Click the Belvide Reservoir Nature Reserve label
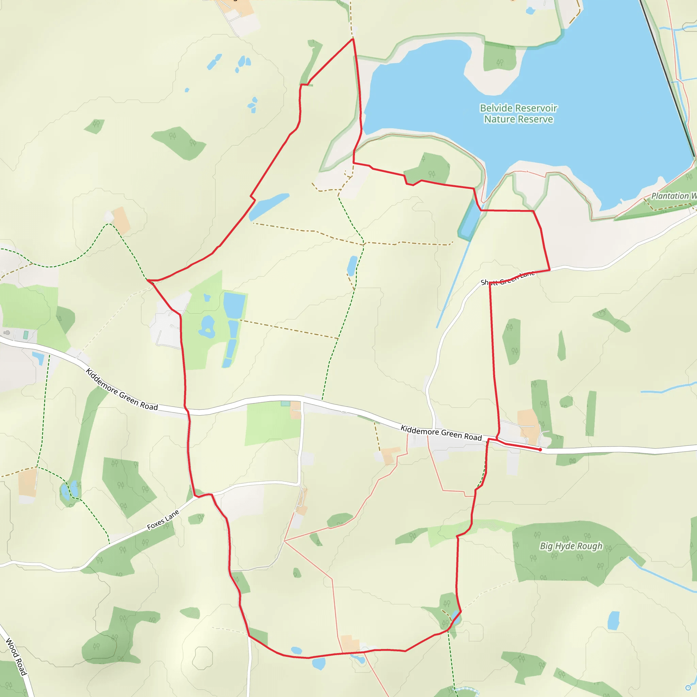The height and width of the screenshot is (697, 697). click(x=518, y=114)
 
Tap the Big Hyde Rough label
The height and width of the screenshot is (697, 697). click(x=571, y=546)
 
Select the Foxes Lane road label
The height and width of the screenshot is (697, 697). click(x=163, y=520)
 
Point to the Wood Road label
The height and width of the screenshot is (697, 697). click(x=16, y=656)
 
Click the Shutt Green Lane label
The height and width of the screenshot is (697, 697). click(x=507, y=278)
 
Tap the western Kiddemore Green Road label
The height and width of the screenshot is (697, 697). click(x=121, y=390)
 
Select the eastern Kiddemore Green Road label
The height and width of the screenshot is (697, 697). click(x=441, y=433)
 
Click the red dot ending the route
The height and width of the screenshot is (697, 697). click(x=540, y=450)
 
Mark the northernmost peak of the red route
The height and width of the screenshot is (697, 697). click(x=353, y=38)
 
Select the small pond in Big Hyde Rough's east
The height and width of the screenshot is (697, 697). click(x=613, y=620)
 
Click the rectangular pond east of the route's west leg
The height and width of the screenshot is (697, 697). click(x=234, y=305)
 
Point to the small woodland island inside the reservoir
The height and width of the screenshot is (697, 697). click(x=500, y=57)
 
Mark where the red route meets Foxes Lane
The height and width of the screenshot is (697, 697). click(x=197, y=497)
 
